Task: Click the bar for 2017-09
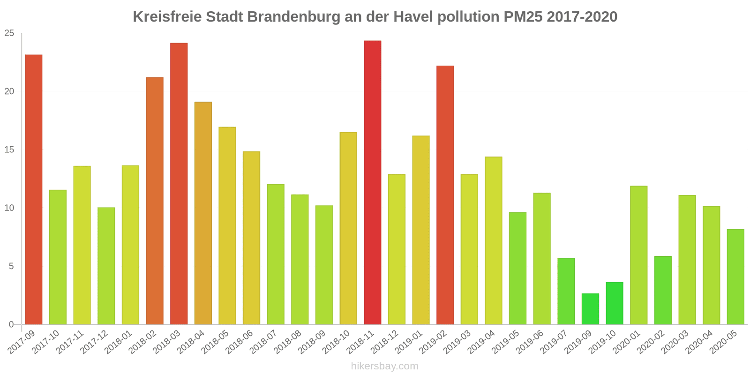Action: pos(34,189)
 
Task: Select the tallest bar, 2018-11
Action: pos(373,182)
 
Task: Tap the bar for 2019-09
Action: pos(590,309)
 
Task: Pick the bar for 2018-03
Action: pos(179,183)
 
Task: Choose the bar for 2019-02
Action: pos(445,195)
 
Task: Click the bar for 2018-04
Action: pos(203,213)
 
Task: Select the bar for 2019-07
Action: pos(566,291)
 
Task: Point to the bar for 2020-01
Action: pos(638,255)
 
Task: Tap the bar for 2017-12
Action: pos(106,266)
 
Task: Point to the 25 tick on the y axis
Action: pos(9,33)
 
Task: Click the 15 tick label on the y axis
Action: pos(9,150)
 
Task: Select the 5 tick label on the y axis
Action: pos(12,266)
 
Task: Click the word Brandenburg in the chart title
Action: pos(293,17)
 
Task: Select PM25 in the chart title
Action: pos(523,17)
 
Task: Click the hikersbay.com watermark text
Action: pos(384,366)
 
